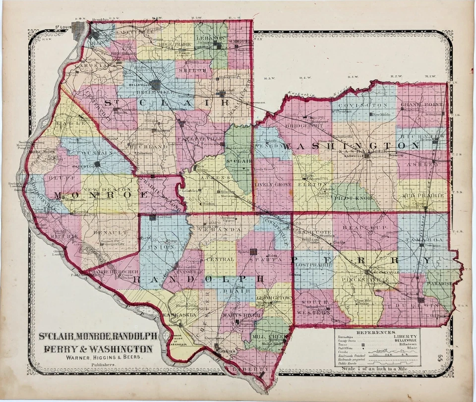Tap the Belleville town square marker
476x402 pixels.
click(156, 85)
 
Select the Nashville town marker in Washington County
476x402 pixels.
click(367, 156)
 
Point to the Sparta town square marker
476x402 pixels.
click(254, 252)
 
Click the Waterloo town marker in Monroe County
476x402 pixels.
click(97, 164)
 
